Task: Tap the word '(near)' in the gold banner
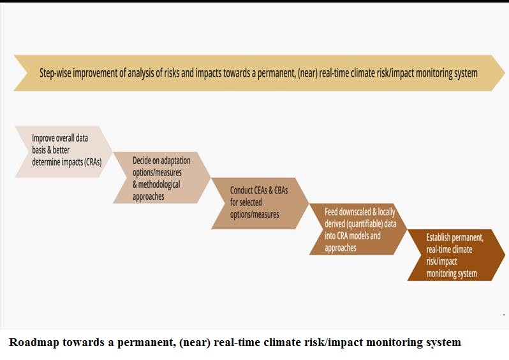pyautogui.click(x=307, y=73)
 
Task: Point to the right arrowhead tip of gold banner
pyautogui.click(x=505, y=73)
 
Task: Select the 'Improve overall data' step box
pyautogui.click(x=64, y=152)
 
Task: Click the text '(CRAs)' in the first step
pyautogui.click(x=93, y=161)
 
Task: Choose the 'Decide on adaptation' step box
pyautogui.click(x=162, y=177)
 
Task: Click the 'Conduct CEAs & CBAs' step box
pyautogui.click(x=260, y=204)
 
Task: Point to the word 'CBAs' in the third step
pyautogui.click(x=281, y=190)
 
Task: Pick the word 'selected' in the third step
pyautogui.click(x=251, y=202)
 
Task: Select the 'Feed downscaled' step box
pyautogui.click(x=358, y=229)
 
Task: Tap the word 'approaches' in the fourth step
pyautogui.click(x=341, y=248)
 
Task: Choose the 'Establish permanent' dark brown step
pyautogui.click(x=456, y=255)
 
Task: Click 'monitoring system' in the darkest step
pyautogui.click(x=452, y=274)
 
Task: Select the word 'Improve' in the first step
pyautogui.click(x=43, y=139)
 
